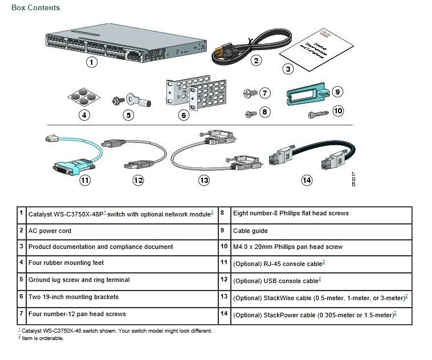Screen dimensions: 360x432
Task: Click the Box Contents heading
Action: tap(35, 8)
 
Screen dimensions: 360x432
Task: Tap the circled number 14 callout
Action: tap(307, 181)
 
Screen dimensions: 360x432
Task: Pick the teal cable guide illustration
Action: tap(307, 95)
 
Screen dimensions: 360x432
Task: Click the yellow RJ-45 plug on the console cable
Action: tap(50, 137)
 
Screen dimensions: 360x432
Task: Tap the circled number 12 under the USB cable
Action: tap(138, 181)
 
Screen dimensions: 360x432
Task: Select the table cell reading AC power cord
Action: tap(50, 231)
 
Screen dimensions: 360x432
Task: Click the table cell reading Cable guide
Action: tap(250, 231)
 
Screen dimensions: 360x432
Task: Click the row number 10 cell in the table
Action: tap(224, 247)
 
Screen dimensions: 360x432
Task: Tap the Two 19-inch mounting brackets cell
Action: tap(74, 297)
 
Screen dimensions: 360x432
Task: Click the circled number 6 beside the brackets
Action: tap(184, 115)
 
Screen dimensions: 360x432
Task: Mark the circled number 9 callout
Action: tap(337, 91)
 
